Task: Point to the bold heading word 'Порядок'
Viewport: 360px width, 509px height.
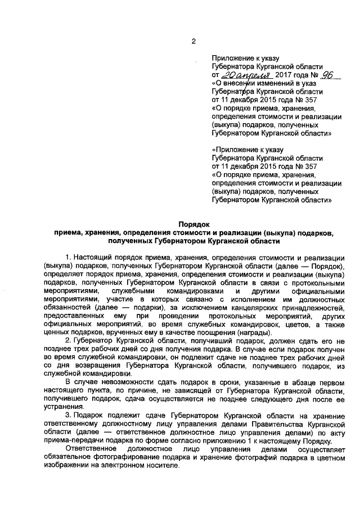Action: coord(193,223)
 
